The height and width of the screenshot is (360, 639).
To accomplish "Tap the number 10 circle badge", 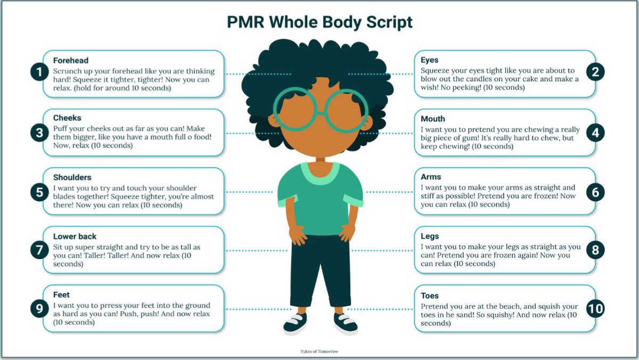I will (595, 308).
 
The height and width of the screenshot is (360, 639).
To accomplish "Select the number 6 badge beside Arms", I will (595, 192).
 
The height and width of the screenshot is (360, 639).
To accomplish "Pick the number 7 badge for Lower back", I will (40, 250).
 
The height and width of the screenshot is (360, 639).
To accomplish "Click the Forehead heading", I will (71, 61).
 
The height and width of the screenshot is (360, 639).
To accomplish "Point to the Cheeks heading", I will (67, 118).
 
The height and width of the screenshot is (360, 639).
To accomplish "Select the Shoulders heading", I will (72, 177).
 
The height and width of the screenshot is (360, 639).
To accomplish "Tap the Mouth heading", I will (432, 119).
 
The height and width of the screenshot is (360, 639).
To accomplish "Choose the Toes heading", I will (430, 296).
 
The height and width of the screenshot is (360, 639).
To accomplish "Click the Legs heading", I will (430, 236).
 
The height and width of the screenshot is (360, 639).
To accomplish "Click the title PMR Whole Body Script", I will (319, 22).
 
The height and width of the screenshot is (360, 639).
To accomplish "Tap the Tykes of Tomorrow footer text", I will (319, 351).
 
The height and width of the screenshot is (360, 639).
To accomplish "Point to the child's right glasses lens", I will (294, 109).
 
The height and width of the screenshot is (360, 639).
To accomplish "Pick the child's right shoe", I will (295, 323).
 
